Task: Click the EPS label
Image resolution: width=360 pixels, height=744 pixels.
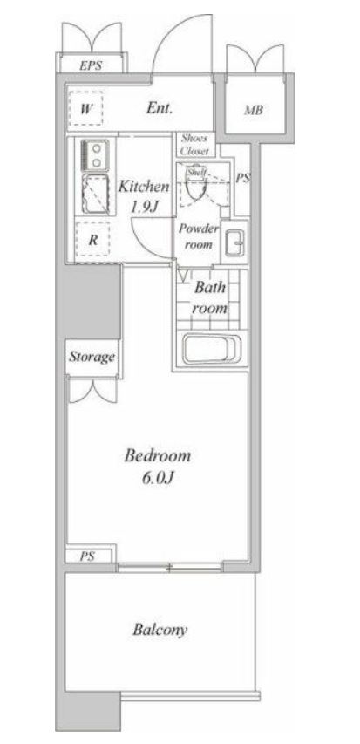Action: click(91, 66)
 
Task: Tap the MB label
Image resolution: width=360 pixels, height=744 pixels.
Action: click(254, 111)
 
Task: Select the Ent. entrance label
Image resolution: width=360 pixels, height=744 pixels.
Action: click(160, 108)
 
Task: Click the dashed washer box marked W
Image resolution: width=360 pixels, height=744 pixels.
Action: click(85, 109)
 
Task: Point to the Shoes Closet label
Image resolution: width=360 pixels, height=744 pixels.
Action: click(194, 145)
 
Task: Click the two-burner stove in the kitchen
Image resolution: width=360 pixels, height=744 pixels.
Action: click(95, 155)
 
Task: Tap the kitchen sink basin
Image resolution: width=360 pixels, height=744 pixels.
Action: click(96, 194)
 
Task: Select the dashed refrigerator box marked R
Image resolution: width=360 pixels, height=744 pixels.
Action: click(92, 240)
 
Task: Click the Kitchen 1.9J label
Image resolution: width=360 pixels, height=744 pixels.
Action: click(143, 195)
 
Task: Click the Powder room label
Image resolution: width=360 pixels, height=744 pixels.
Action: click(198, 236)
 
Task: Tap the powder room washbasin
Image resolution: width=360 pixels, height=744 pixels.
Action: click(234, 242)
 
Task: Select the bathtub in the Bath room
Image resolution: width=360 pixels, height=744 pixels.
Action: click(212, 349)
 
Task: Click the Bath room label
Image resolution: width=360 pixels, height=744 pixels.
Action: click(209, 297)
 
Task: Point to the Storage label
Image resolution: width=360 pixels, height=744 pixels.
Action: click(92, 357)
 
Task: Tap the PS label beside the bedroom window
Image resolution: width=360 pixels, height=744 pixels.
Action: click(87, 556)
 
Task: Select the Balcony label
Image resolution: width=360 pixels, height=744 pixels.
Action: click(160, 630)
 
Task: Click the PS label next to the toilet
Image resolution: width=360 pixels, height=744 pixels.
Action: click(243, 179)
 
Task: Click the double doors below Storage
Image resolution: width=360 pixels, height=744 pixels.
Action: click(93, 390)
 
